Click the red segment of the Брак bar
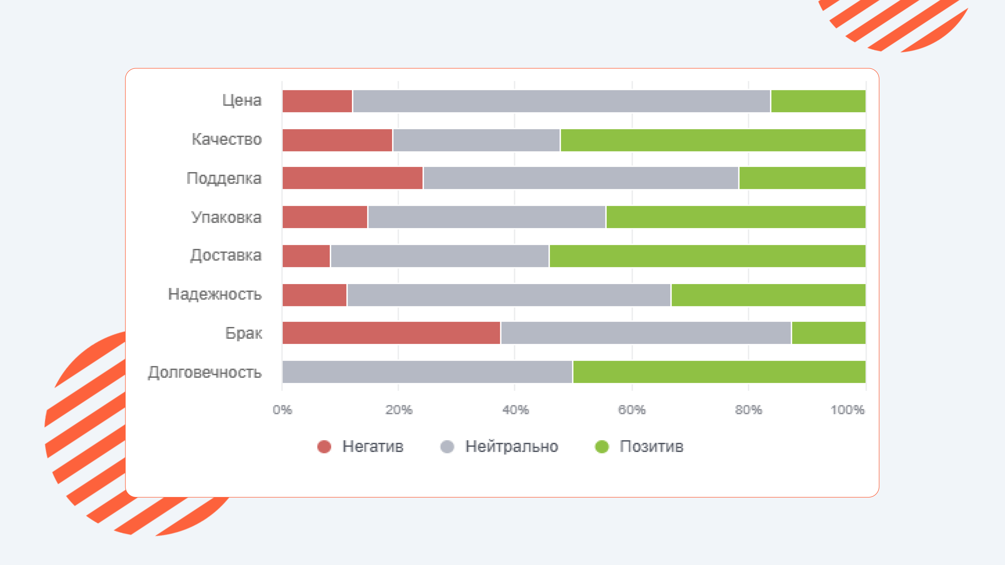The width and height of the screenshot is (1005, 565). (x=391, y=333)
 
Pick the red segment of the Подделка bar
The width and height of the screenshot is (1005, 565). (x=352, y=178)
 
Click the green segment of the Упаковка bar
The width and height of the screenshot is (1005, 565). (x=735, y=217)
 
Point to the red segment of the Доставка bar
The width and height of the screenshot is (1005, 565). (x=306, y=256)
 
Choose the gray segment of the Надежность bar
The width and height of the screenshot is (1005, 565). (x=509, y=295)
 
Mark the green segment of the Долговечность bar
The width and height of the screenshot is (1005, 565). (x=719, y=372)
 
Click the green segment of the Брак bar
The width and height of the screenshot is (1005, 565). (x=828, y=333)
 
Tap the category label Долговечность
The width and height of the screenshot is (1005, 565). (x=205, y=372)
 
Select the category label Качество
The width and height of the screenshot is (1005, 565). (x=227, y=139)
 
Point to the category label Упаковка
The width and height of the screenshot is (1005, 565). (x=226, y=217)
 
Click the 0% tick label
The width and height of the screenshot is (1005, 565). (x=282, y=410)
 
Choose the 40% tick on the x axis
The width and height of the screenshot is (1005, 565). (x=515, y=410)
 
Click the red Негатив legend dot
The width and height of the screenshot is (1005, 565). (x=324, y=447)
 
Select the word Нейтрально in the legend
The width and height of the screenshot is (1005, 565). (x=511, y=447)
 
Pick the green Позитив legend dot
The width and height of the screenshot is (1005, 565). (x=602, y=447)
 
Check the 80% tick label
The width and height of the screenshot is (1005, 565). (x=748, y=410)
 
